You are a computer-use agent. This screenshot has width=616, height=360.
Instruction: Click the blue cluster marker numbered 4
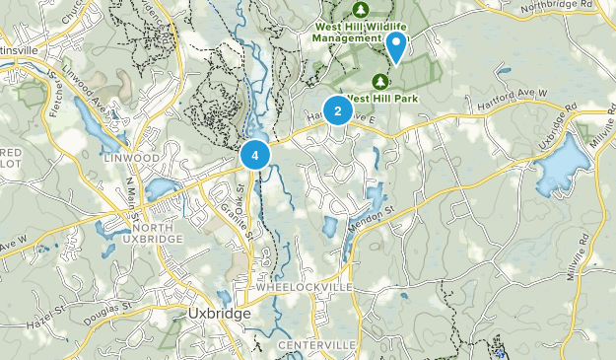coord(254,155)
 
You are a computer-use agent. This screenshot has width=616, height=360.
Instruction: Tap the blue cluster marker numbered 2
coord(337,111)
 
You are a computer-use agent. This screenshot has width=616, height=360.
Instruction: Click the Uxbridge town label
coord(218,313)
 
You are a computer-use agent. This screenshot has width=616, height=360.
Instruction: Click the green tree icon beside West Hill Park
coord(380,79)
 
